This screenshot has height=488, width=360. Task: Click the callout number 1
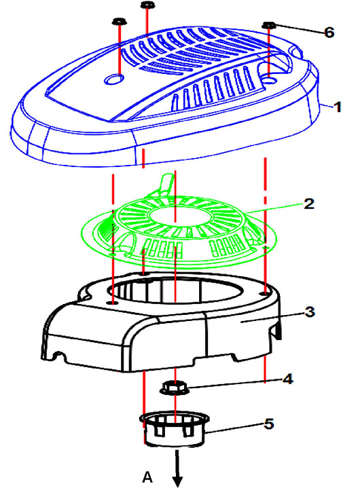(338, 107)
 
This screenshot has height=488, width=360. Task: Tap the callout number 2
(308, 204)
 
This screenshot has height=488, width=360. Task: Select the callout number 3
(310, 312)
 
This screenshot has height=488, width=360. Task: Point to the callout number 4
(288, 379)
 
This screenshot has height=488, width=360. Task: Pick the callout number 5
(269, 424)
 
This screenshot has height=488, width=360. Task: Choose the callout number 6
(329, 33)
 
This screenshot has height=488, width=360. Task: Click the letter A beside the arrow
(147, 476)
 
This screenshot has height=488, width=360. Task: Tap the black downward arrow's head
(177, 481)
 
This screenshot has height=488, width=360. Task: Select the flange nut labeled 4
(175, 388)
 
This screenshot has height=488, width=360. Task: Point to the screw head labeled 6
(269, 25)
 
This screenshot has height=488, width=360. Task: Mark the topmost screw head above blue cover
(148, 5)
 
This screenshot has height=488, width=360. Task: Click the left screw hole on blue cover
(113, 79)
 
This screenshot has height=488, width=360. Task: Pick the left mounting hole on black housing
(113, 303)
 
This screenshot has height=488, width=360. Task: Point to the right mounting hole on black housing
(265, 293)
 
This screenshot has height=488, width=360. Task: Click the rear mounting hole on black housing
(143, 274)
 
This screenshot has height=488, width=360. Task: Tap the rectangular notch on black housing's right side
(275, 332)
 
